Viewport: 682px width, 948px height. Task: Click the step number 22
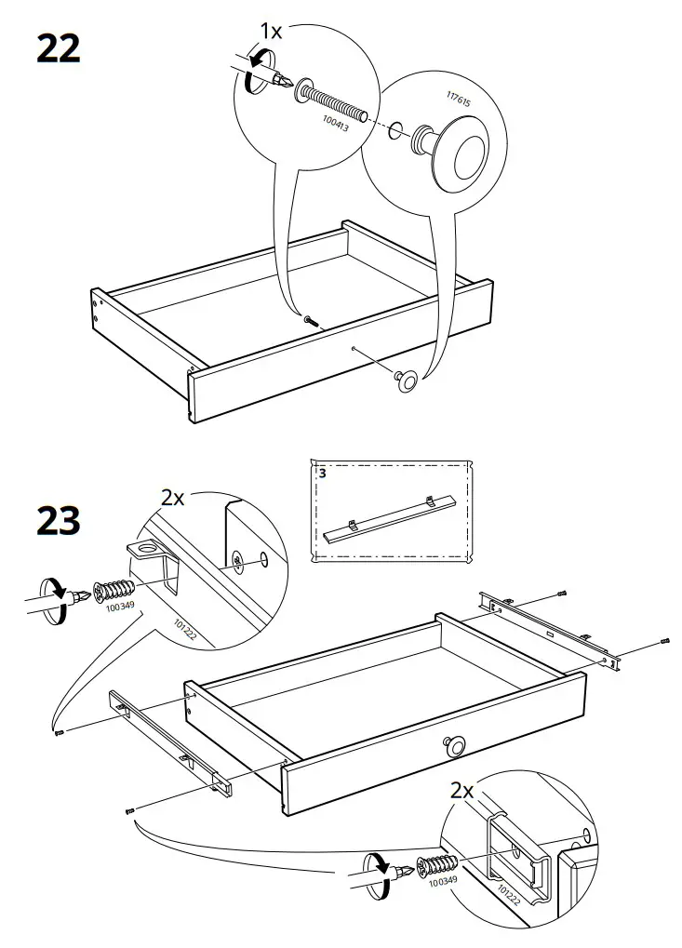click(58, 49)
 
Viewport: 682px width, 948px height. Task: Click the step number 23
click(58, 521)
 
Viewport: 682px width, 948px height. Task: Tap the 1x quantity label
click(271, 32)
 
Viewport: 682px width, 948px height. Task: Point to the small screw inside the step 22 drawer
click(310, 321)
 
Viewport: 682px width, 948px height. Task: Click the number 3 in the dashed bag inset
click(322, 473)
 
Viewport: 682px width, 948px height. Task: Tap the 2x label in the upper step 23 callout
click(173, 498)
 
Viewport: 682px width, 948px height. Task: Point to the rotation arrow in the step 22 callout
click(250, 78)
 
